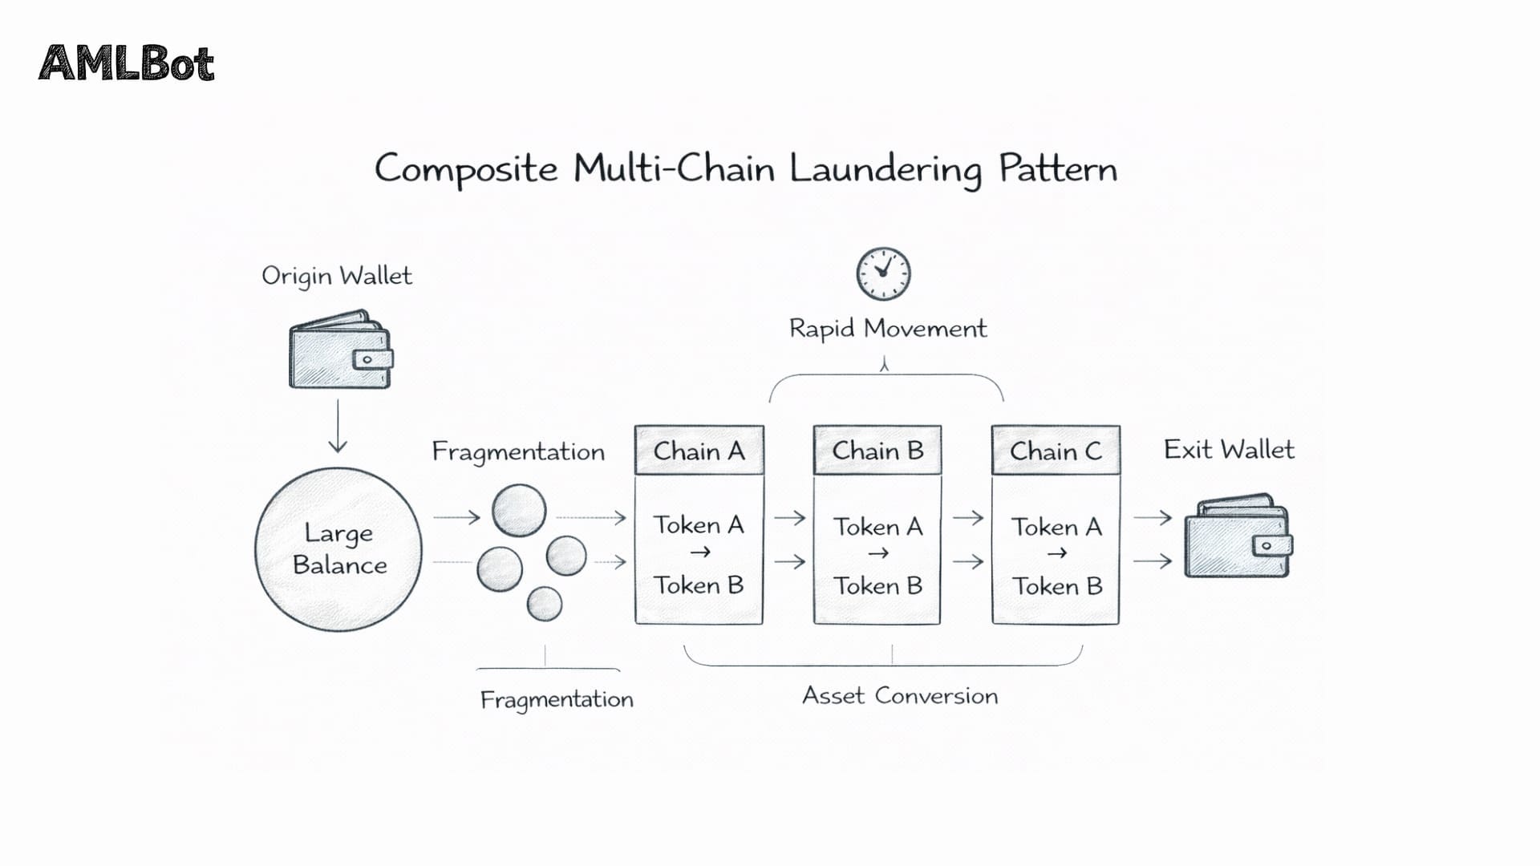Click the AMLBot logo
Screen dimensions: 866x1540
pyautogui.click(x=127, y=63)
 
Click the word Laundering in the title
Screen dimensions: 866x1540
pyautogui.click(x=885, y=169)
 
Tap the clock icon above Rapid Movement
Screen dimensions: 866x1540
pyautogui.click(x=883, y=273)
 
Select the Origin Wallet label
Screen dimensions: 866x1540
pyautogui.click(x=336, y=276)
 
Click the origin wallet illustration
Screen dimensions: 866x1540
pyautogui.click(x=340, y=350)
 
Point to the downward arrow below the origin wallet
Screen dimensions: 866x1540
pyautogui.click(x=338, y=426)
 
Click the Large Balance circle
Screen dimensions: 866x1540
pyautogui.click(x=338, y=549)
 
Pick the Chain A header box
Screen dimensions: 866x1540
pyautogui.click(x=699, y=451)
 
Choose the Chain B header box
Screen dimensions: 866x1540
pyautogui.click(x=877, y=451)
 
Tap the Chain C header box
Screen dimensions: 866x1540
pyautogui.click(x=1056, y=451)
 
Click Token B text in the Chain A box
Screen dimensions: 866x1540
pyautogui.click(x=698, y=585)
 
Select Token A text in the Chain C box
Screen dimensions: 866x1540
pyautogui.click(x=1056, y=527)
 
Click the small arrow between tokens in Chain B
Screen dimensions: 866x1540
pyautogui.click(x=877, y=553)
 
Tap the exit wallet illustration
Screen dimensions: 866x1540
pyautogui.click(x=1238, y=536)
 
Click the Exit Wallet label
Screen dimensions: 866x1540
pyautogui.click(x=1228, y=450)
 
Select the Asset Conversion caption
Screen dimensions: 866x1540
pyautogui.click(x=900, y=695)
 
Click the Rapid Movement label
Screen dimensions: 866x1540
pyautogui.click(x=887, y=329)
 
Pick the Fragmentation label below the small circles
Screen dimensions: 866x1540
pyautogui.click(x=557, y=699)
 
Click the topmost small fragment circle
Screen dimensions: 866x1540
pyautogui.click(x=519, y=510)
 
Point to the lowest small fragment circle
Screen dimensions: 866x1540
pyautogui.click(x=545, y=603)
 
